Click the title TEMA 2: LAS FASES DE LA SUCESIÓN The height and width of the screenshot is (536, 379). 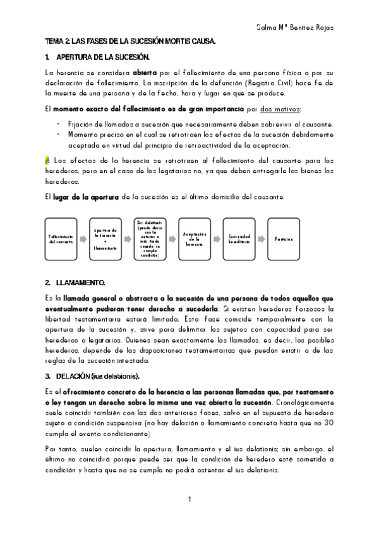(131, 42)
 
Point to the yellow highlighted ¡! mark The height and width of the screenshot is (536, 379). (49, 161)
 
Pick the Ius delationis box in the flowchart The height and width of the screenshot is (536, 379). (150, 238)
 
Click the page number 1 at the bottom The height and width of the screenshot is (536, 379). (189, 500)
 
